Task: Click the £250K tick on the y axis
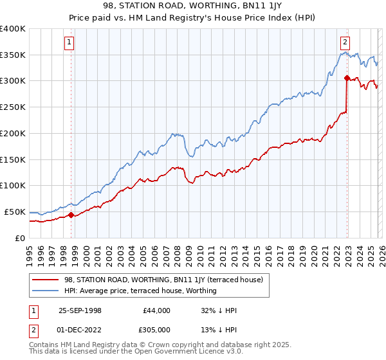13,107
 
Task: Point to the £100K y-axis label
13,186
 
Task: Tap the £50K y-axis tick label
15,212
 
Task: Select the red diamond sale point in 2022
347,78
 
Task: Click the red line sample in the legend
46,280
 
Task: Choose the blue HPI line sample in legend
46,291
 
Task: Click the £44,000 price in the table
155,310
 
